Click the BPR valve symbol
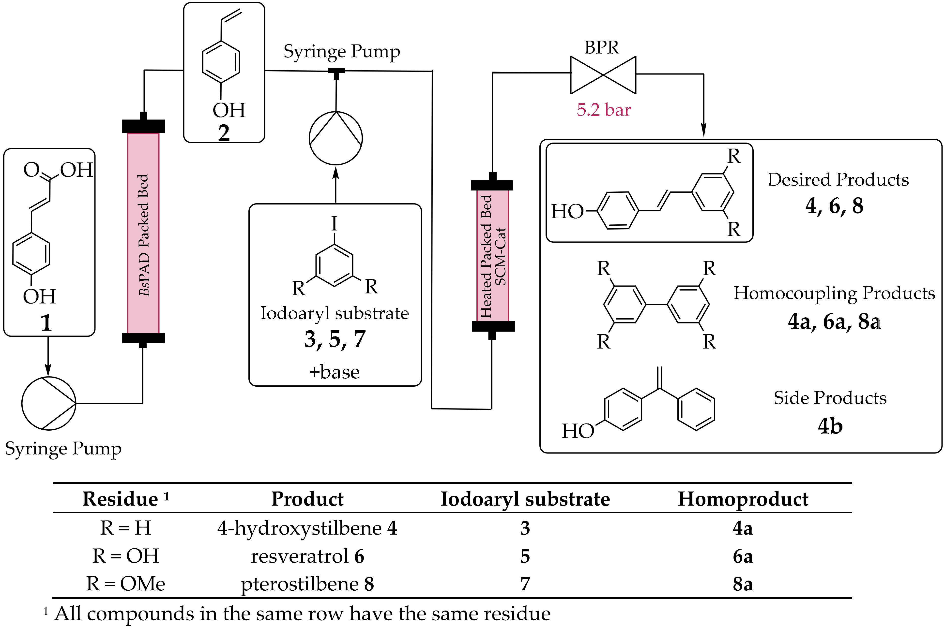pyautogui.click(x=603, y=75)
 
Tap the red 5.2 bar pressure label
pyautogui.click(x=603, y=110)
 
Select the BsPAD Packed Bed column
pyautogui.click(x=143, y=233)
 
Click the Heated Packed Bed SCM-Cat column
pyautogui.click(x=492, y=256)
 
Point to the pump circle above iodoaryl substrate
pyautogui.click(x=336, y=138)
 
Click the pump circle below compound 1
pyautogui.click(x=48, y=403)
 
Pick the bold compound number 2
pyautogui.click(x=224, y=133)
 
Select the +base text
pyautogui.click(x=335, y=372)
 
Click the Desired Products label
pyautogui.click(x=838, y=179)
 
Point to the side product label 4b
pyautogui.click(x=830, y=426)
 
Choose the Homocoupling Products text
pyautogui.click(x=834, y=293)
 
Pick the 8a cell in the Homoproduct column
pyautogui.click(x=743, y=583)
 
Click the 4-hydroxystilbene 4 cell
pyautogui.click(x=307, y=528)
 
